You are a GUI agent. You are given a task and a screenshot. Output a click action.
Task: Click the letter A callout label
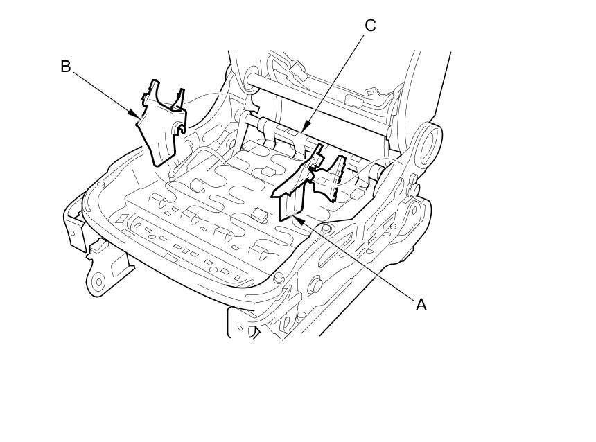421,304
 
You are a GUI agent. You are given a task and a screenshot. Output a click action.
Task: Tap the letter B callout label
66,67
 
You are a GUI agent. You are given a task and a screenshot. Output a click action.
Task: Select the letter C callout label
370,26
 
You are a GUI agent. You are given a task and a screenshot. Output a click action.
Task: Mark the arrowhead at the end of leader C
304,133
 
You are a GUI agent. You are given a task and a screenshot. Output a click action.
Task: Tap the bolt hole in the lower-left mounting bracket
98,281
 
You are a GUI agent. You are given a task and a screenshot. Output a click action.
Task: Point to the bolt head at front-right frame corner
279,278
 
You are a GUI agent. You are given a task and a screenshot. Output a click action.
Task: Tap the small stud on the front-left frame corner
101,184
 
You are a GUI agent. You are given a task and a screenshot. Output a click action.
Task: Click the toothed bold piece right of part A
332,173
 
